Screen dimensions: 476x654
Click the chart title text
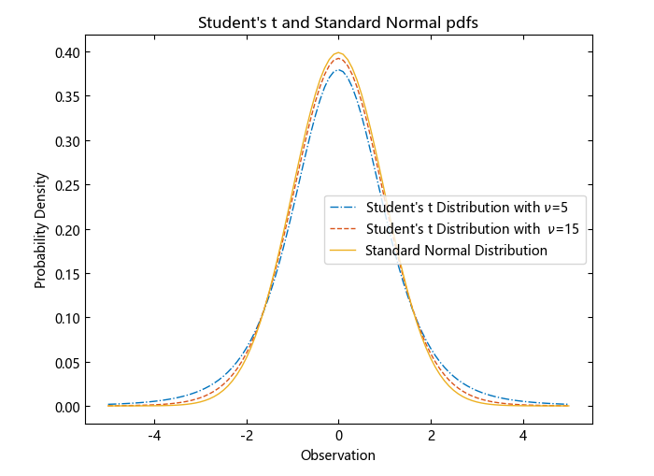tap(338, 23)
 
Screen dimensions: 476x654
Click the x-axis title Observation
tap(338, 455)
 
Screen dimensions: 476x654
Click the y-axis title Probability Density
tap(40, 229)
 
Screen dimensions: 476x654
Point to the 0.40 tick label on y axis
tap(66, 52)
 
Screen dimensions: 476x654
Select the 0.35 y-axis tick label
tap(66, 96)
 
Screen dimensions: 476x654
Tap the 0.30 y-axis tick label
tap(66, 141)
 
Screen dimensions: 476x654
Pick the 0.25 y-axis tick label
tap(66, 185)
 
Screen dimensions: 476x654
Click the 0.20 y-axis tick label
tap(66, 229)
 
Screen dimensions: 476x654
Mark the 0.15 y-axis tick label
tap(66, 274)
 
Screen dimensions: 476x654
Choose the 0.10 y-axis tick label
tap(66, 318)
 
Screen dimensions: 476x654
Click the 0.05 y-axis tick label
tap(66, 363)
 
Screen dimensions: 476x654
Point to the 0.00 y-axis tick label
tap(66, 407)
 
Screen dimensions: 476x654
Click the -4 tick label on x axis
tap(153, 436)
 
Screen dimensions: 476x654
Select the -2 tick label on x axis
tap(246, 436)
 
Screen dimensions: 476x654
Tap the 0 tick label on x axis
tap(339, 436)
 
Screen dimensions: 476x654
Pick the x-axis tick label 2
tap(431, 436)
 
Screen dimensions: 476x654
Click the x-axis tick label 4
tap(523, 436)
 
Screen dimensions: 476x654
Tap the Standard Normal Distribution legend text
tap(456, 251)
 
